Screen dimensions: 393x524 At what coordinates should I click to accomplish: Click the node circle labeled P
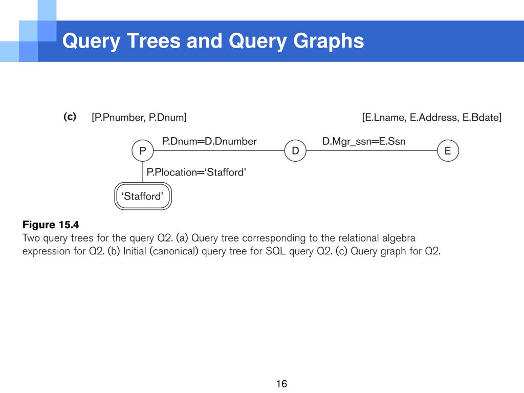tap(142, 151)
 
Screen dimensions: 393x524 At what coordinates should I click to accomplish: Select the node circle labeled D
tap(295, 151)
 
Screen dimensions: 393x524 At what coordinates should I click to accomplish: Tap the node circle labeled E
tap(448, 151)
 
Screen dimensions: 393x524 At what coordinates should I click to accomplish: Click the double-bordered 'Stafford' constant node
tap(142, 196)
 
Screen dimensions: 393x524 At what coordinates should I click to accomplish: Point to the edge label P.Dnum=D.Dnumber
tap(209, 141)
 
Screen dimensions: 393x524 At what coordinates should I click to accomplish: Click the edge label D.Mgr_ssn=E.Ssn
tap(363, 141)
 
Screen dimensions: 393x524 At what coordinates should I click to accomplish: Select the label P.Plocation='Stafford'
tap(196, 172)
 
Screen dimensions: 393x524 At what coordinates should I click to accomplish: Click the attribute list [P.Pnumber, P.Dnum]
tap(139, 118)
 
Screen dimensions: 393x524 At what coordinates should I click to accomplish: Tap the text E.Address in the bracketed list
tap(435, 118)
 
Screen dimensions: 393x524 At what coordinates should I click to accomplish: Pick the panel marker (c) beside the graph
tap(70, 117)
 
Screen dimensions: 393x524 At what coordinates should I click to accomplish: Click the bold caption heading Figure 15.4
tap(51, 225)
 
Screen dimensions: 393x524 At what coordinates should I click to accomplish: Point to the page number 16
tap(281, 384)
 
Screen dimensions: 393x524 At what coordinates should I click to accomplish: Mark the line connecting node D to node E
tap(371, 151)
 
